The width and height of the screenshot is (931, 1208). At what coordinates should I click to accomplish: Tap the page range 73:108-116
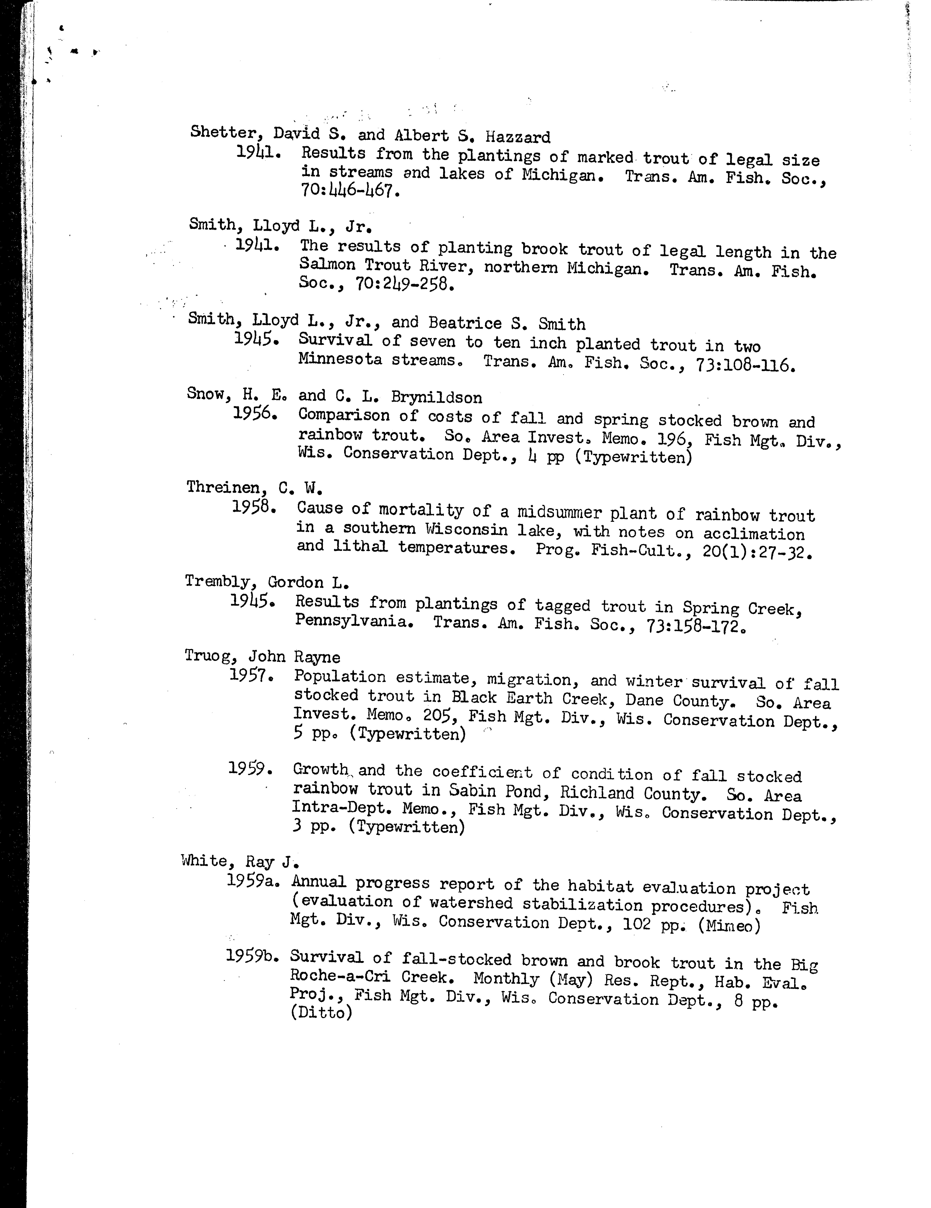tap(740, 365)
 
